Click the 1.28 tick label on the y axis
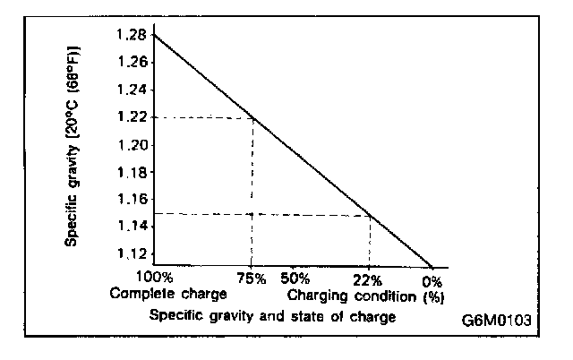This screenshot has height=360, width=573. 131,35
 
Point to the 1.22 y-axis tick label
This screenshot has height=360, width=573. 131,117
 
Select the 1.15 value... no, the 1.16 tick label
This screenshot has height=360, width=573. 131,200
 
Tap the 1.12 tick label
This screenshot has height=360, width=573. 131,254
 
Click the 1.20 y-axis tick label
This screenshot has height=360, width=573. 131,145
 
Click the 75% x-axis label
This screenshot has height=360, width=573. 252,279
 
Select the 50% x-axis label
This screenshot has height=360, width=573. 295,279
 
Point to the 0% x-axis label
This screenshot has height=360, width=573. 433,279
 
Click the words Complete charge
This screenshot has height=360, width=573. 169,293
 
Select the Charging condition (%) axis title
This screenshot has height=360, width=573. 366,293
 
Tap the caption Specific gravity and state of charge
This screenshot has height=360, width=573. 272,315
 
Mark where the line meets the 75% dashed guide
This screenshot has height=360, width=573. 252,117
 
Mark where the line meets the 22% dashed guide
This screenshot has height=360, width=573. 370,213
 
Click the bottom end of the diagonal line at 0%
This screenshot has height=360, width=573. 432,267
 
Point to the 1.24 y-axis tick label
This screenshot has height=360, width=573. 131,90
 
